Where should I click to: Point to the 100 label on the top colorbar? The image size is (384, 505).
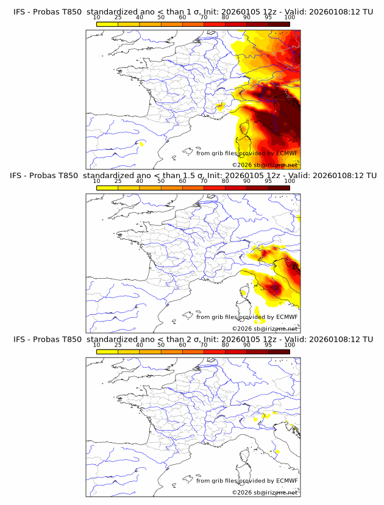click(290, 18)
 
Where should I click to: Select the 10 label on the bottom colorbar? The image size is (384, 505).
click(96, 345)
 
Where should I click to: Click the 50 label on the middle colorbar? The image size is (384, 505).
click(161, 181)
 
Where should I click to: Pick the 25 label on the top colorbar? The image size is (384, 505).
click(118, 18)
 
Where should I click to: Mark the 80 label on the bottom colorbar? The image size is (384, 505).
click(226, 345)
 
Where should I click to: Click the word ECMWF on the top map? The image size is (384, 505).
click(287, 153)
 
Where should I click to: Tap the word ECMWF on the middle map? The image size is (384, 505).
click(287, 317)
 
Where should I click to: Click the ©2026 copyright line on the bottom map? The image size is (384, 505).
click(265, 492)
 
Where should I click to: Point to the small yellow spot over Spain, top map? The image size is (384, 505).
click(141, 144)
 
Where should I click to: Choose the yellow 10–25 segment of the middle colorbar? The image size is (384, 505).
click(107, 187)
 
